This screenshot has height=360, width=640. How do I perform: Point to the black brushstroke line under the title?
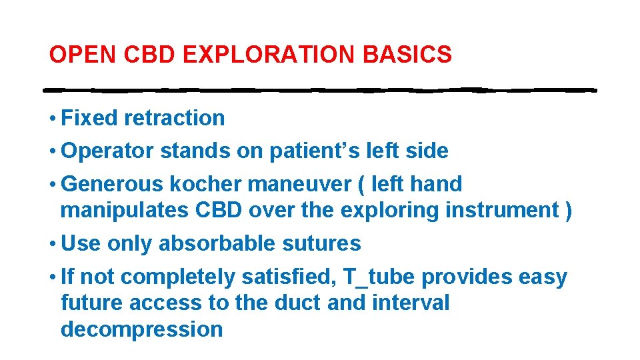tap(320, 89)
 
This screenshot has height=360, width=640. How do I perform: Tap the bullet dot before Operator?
tap(52, 151)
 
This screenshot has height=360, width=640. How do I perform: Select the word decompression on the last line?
tap(141, 329)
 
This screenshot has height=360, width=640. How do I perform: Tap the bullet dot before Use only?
tap(52, 244)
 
